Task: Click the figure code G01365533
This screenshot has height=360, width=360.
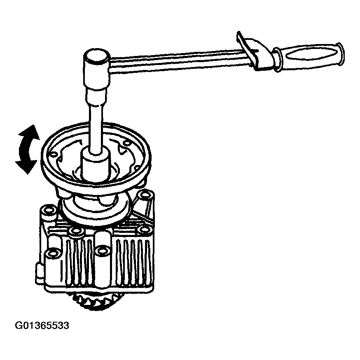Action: point(42,325)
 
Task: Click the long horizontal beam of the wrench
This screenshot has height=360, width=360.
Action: point(177,60)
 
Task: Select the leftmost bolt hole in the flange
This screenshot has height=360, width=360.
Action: point(53,154)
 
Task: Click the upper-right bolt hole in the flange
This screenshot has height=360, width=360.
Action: point(127,143)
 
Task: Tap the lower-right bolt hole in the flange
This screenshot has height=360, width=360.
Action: point(137,168)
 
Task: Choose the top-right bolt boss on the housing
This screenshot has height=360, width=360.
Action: point(145,195)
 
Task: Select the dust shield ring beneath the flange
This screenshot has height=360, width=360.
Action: point(96,210)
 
